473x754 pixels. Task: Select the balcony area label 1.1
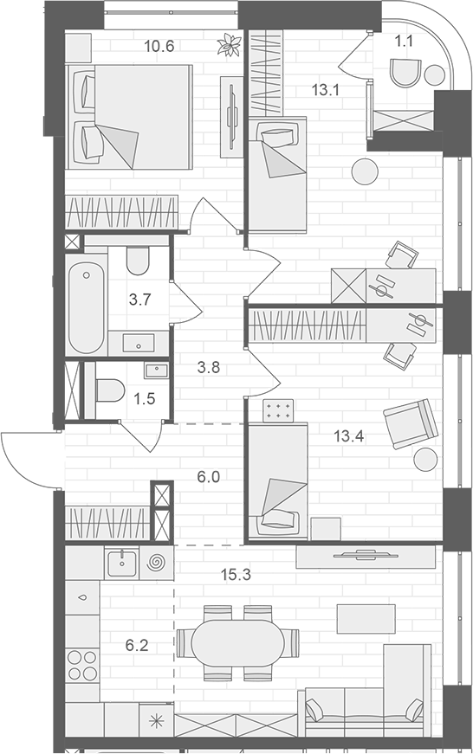click(404, 39)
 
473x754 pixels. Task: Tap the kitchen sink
click(121, 564)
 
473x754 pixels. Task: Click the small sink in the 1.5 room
click(157, 371)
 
